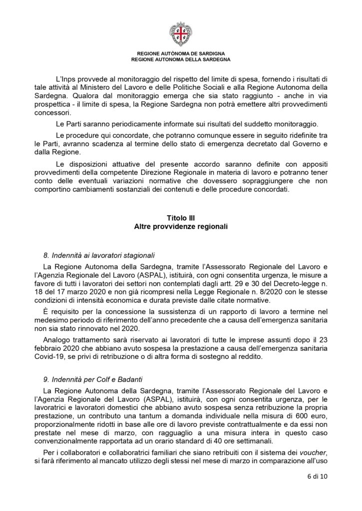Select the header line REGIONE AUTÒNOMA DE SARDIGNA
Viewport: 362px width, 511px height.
pos(181,53)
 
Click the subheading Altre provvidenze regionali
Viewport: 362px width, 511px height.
pos(181,227)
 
